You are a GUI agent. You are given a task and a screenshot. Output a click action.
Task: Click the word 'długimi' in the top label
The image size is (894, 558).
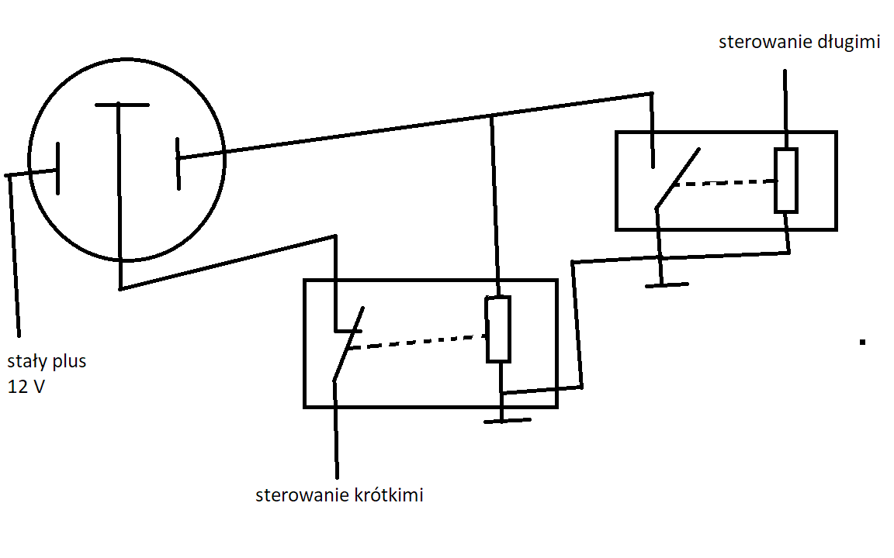pos(849,42)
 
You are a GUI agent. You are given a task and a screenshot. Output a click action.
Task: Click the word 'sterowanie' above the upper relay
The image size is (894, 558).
pos(766,42)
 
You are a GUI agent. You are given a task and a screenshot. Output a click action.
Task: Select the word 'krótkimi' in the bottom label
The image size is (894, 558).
pos(389,494)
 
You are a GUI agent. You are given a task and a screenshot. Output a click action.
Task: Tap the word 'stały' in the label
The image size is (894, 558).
pos(27,361)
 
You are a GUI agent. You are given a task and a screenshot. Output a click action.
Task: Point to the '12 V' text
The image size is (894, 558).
pos(26,387)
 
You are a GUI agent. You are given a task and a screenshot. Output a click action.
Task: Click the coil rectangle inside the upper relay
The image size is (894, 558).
pos(785,180)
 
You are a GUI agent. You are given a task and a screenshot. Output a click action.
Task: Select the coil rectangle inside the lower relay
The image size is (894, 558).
pos(498,329)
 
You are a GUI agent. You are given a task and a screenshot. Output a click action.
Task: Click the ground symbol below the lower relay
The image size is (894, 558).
pos(507,421)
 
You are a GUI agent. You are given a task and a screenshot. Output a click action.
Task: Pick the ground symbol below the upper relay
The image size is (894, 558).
pos(667,284)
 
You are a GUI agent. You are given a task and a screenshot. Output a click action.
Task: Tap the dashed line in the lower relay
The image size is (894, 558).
pos(419,342)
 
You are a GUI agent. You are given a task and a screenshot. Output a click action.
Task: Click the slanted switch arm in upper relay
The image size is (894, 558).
pos(677,178)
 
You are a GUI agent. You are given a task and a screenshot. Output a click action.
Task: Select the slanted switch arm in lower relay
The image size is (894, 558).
pos(348,343)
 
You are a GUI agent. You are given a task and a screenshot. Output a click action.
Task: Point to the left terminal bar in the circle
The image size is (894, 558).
pos(57,168)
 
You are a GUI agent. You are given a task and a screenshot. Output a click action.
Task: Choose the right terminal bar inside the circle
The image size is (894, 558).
pos(178,164)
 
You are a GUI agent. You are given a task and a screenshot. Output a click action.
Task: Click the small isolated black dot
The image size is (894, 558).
pos(863,343)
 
